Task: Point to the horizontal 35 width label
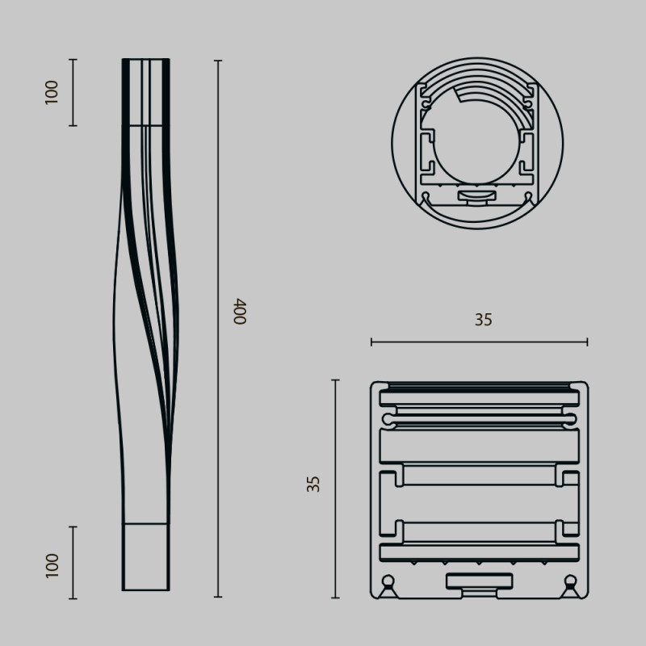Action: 483,320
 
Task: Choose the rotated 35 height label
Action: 314,484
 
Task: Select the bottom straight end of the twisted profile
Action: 146,557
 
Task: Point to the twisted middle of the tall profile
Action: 145,323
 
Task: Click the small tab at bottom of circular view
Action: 477,195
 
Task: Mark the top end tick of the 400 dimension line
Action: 218,60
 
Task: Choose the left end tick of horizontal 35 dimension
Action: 371,342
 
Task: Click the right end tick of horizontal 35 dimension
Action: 587,342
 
